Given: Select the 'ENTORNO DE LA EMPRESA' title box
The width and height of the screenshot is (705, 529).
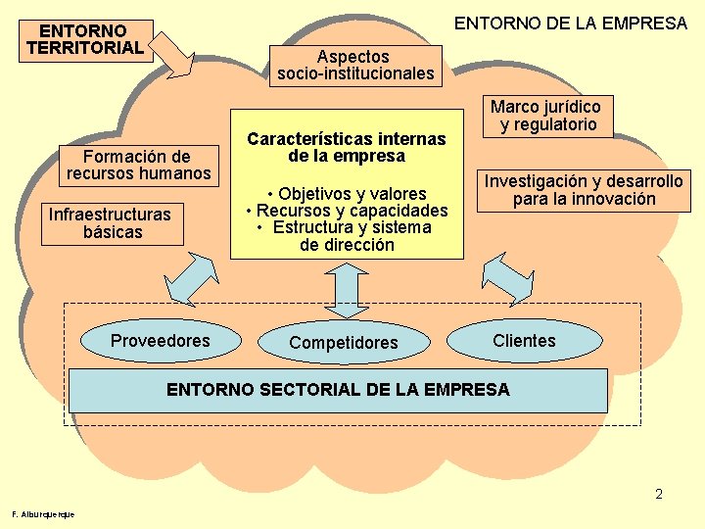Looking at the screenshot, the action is tap(571, 23).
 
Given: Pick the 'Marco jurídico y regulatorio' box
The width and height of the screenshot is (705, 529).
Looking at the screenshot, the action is tap(545, 116).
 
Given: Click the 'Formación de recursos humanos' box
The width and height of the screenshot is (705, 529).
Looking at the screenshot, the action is tap(138, 165).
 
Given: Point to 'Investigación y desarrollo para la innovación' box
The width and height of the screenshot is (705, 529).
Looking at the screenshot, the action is tap(584, 190).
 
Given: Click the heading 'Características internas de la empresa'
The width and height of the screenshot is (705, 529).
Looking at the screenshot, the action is tap(346, 147).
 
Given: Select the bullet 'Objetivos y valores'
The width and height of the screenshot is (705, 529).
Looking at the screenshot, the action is tap(348, 193).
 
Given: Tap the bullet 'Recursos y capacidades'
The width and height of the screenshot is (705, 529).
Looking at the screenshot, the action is tap(348, 211).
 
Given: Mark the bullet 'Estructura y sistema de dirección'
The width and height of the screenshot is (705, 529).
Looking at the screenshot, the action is tap(346, 236).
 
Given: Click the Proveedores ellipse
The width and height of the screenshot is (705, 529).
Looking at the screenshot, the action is tap(161, 341).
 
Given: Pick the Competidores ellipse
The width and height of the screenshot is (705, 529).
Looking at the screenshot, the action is tap(344, 343).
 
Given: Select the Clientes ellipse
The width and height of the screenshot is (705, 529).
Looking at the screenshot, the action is tap(524, 340).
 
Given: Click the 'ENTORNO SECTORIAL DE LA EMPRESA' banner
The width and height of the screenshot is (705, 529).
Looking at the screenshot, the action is tap(338, 390).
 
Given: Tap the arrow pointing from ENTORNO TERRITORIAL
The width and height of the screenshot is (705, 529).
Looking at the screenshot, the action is tap(177, 53).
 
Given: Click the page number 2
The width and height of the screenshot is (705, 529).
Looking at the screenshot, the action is tap(659, 494).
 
